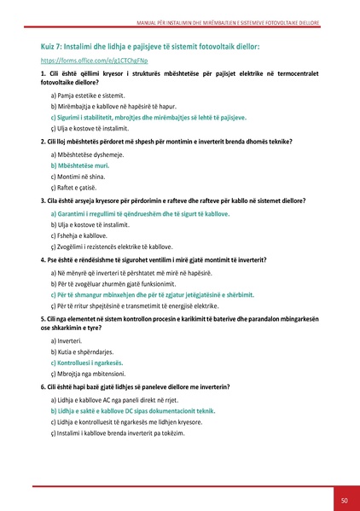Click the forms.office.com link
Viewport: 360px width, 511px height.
click(80, 62)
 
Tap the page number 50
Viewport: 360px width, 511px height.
click(343, 500)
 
